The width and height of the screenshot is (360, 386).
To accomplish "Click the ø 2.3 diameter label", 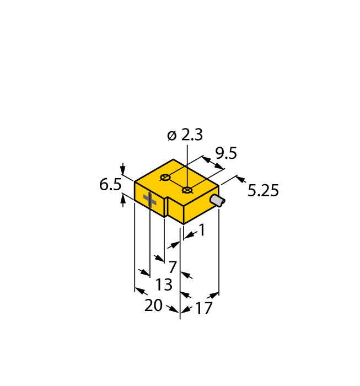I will (185, 135).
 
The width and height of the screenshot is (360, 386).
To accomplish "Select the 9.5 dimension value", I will (225, 153).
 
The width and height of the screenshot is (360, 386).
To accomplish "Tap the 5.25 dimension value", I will (263, 191).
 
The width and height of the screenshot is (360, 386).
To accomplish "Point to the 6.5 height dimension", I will (110, 185).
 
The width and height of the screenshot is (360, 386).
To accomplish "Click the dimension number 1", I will (202, 230).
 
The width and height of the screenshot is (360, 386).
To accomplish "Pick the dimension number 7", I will (173, 267).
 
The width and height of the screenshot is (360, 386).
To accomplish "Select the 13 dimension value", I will (164, 285).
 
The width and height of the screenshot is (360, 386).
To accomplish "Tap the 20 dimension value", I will (153, 305).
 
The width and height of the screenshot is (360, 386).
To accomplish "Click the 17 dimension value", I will (203, 308).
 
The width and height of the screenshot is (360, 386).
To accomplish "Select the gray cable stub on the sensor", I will (218, 201).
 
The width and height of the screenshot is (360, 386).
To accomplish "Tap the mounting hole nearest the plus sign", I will (164, 178).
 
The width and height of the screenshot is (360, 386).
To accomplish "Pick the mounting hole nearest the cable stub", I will (187, 190).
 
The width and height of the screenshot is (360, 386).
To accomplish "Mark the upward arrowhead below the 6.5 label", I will (122, 201).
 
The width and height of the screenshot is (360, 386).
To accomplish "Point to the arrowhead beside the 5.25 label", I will (240, 180).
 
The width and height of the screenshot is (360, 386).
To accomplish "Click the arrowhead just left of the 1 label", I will (187, 236).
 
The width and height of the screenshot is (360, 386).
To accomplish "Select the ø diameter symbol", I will (171, 135).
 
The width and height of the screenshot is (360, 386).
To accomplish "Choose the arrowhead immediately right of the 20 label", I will (174, 310).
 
